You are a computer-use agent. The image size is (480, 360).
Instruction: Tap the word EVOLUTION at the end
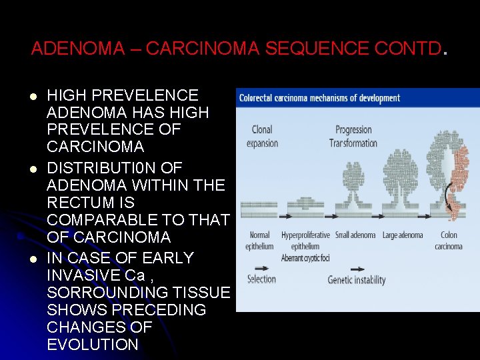(93, 345)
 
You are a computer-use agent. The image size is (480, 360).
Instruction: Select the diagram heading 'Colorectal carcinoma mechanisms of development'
(319, 98)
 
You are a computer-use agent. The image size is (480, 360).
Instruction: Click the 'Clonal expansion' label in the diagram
(262, 136)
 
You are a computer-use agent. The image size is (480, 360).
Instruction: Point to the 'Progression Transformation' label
(354, 136)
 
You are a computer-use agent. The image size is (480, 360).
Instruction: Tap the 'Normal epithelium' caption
(259, 241)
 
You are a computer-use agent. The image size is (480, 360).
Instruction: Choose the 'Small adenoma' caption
(355, 235)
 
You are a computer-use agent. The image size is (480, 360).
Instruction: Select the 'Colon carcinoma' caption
(449, 241)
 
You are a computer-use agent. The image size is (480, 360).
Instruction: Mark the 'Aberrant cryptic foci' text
(305, 258)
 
